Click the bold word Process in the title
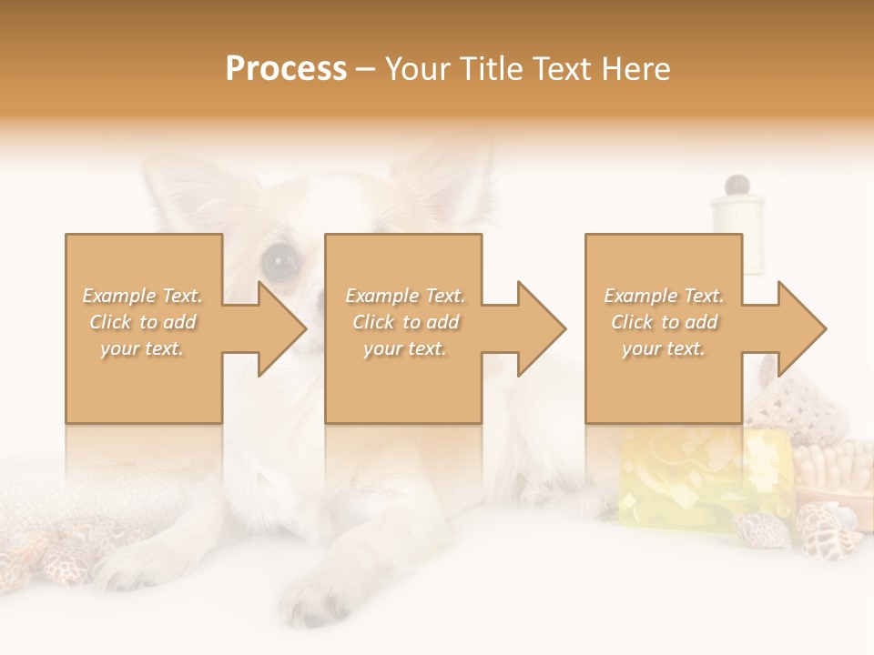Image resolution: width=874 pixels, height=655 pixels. (x=286, y=69)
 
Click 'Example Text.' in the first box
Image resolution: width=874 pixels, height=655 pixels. (x=143, y=296)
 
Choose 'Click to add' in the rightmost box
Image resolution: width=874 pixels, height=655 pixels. (x=664, y=322)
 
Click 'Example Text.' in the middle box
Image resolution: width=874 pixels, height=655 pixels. (x=405, y=296)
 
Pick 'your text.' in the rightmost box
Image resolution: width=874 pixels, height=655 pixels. (x=664, y=348)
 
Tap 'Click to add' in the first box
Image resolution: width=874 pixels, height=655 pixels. (x=143, y=322)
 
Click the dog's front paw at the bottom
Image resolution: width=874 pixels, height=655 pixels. (x=314, y=596)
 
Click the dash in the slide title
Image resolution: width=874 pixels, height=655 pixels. (x=365, y=69)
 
